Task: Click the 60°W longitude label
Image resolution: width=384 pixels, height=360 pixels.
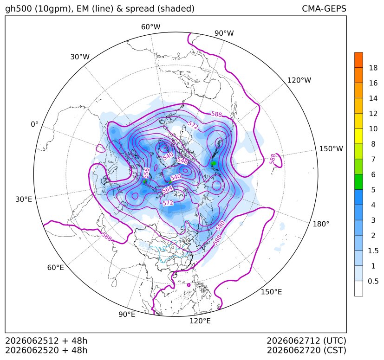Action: click(x=150, y=27)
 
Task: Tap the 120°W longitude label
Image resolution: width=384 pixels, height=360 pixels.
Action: click(x=299, y=80)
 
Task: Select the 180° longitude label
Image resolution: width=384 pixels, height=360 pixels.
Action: click(x=321, y=224)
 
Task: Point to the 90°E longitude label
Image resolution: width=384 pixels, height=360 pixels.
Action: click(x=127, y=315)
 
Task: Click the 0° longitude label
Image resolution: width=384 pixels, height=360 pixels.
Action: click(x=34, y=124)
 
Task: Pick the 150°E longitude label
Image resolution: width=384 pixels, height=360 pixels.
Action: click(x=271, y=292)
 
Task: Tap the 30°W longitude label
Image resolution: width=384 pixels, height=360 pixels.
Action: click(x=80, y=57)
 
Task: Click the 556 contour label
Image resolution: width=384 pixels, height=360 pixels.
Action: click(x=146, y=174)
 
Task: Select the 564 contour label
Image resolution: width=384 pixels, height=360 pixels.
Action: click(x=167, y=189)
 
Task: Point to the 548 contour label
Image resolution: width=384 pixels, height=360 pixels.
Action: click(x=182, y=161)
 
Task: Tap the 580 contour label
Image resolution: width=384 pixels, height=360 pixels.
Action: click(x=221, y=225)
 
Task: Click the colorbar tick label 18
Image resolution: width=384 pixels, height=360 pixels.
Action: click(x=373, y=68)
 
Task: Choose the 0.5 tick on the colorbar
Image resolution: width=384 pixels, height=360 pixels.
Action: click(x=373, y=281)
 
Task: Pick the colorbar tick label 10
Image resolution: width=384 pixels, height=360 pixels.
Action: click(x=373, y=129)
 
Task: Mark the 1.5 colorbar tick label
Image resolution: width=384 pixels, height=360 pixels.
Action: click(x=373, y=251)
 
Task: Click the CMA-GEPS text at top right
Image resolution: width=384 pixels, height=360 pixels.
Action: click(x=324, y=8)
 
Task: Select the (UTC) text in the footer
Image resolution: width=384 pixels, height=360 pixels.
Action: click(x=334, y=341)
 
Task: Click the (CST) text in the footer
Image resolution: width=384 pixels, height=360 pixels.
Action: click(x=335, y=350)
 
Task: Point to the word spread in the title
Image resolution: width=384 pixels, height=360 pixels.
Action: click(x=139, y=9)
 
